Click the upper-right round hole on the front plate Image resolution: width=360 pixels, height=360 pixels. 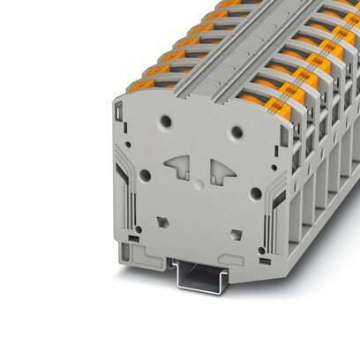[x=236, y=132]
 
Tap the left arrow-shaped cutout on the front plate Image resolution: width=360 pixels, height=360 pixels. [x=176, y=165]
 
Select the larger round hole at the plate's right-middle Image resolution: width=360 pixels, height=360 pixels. [x=255, y=192]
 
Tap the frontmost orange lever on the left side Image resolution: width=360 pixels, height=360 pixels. [x=142, y=86]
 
